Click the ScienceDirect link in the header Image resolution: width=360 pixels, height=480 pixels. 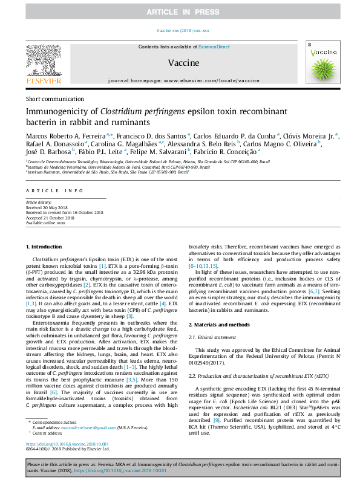(214, 47)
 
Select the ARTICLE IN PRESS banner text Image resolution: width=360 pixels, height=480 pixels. (180, 11)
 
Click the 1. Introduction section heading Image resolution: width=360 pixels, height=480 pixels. (45, 246)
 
